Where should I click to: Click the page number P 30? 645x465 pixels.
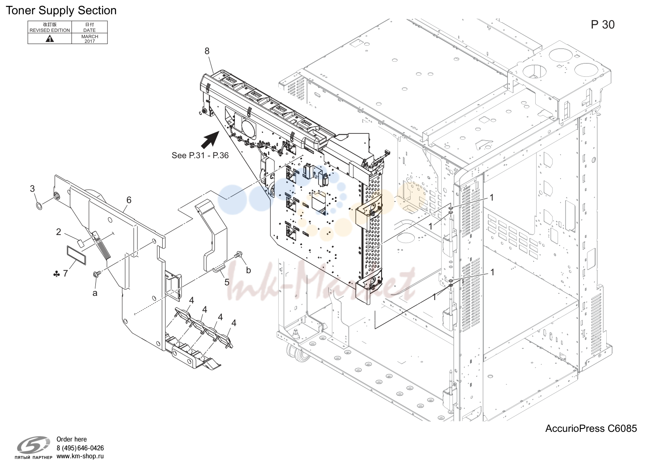click(603, 25)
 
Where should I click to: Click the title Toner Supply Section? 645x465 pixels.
click(61, 10)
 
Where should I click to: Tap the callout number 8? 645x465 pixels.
click(207, 51)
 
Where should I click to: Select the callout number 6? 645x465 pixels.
click(129, 200)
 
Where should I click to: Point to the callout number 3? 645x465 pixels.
click(32, 189)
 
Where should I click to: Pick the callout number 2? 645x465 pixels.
click(58, 232)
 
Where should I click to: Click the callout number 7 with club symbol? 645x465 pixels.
click(61, 273)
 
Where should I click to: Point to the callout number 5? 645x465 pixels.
click(227, 282)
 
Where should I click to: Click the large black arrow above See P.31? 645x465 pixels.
click(210, 139)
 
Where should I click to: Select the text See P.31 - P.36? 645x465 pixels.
click(200, 155)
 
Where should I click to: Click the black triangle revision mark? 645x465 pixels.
click(50, 39)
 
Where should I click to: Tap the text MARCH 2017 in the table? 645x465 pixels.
click(90, 39)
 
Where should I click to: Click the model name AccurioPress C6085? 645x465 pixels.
click(591, 428)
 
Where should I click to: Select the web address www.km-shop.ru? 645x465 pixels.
click(80, 456)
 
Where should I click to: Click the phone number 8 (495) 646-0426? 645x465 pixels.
click(80, 448)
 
